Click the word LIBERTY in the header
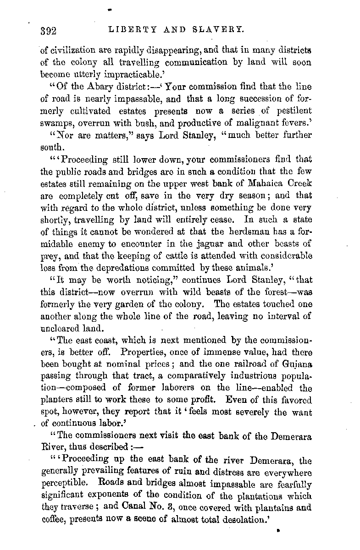[128, 31]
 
